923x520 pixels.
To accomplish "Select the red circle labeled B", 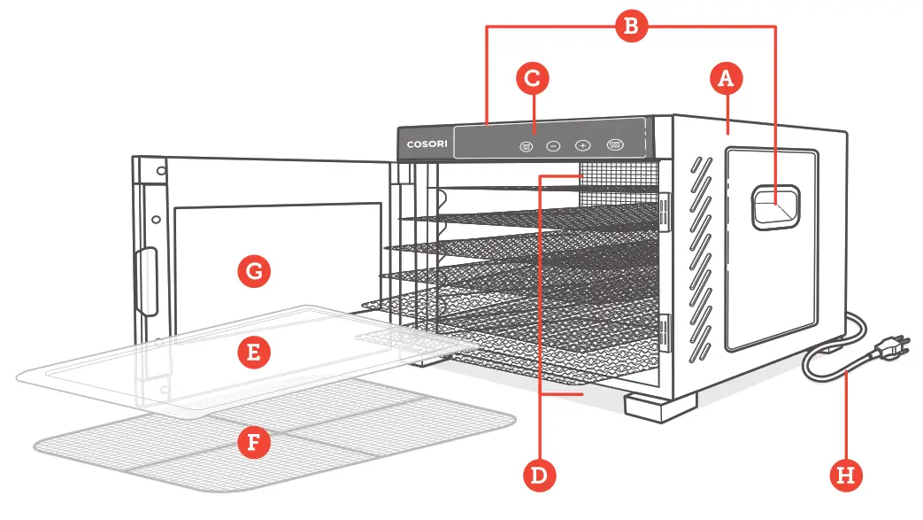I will pyautogui.click(x=630, y=27).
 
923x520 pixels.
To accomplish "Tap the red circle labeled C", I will pyautogui.click(x=533, y=78).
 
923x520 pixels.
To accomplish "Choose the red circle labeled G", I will pyautogui.click(x=253, y=272).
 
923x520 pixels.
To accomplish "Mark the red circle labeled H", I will pyautogui.click(x=846, y=476).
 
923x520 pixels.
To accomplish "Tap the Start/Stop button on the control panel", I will pyautogui.click(x=614, y=144).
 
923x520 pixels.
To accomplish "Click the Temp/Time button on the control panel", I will pyautogui.click(x=526, y=146).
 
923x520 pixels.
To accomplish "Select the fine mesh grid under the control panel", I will pyautogui.click(x=619, y=174).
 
